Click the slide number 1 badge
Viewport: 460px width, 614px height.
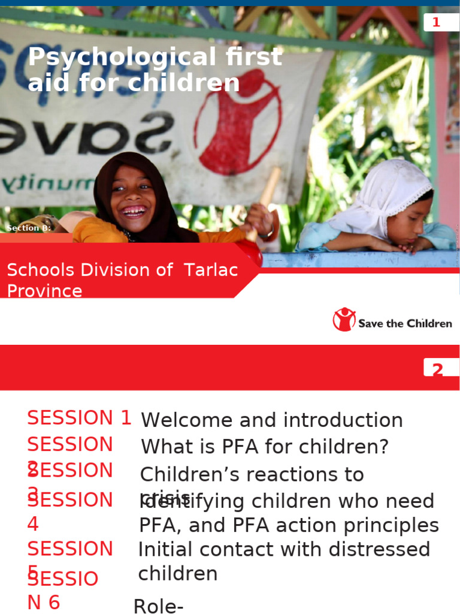tap(437, 23)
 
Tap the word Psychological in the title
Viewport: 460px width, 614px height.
tap(113, 58)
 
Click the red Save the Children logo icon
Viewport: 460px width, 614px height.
tap(344, 320)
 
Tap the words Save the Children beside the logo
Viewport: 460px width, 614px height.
tap(405, 324)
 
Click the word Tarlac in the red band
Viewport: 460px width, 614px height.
tap(211, 270)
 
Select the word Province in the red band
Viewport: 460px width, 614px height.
tap(44, 291)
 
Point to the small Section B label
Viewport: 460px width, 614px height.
tap(29, 228)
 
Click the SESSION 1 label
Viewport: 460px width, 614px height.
tap(79, 418)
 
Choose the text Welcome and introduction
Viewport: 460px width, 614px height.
tap(272, 420)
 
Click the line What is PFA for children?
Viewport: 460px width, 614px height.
tap(265, 447)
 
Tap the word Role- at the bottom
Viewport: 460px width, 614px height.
tap(158, 606)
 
